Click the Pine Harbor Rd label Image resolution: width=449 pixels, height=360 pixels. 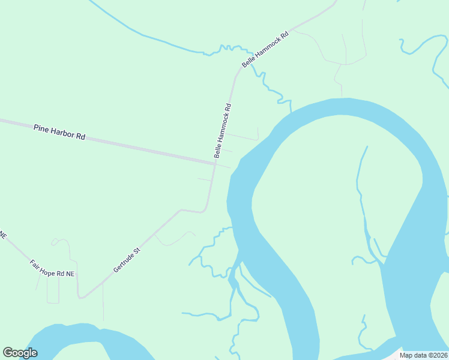point(59,132)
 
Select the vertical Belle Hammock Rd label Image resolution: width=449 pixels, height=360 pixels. point(222,131)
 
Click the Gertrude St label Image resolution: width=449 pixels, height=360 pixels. point(127,259)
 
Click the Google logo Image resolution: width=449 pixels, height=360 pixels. point(20,353)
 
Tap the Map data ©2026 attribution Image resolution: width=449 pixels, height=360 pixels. point(423,355)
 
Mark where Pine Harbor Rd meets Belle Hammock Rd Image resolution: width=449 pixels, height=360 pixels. point(215,163)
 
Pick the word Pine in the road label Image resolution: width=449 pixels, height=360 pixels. point(41,128)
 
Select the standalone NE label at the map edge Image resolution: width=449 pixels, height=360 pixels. point(3,235)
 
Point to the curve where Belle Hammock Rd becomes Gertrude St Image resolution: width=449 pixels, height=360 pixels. point(204,210)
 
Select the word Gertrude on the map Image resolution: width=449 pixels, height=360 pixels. point(124,262)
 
